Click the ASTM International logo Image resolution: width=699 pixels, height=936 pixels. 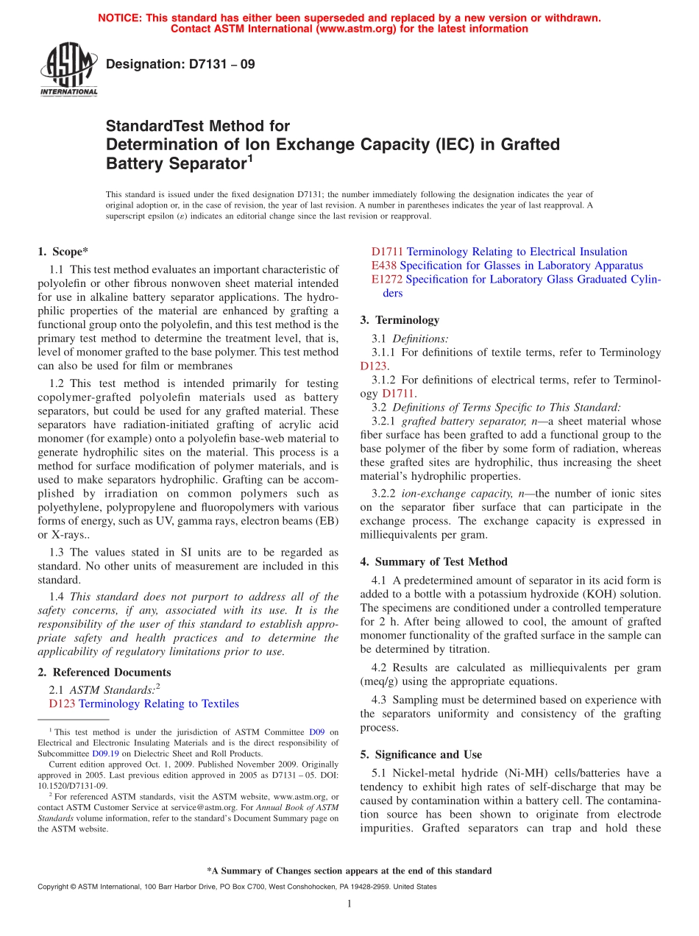68,69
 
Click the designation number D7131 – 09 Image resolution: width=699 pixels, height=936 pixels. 180,64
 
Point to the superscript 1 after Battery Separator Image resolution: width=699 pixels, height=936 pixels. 250,157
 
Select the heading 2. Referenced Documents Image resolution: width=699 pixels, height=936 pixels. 104,672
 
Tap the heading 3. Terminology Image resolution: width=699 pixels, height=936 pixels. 400,320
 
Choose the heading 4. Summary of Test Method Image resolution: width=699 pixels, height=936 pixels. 433,561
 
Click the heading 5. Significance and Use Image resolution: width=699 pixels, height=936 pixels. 421,754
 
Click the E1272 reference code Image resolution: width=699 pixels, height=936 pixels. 387,280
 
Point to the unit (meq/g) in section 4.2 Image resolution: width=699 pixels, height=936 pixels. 381,681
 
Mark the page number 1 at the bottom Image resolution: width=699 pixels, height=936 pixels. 349,904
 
